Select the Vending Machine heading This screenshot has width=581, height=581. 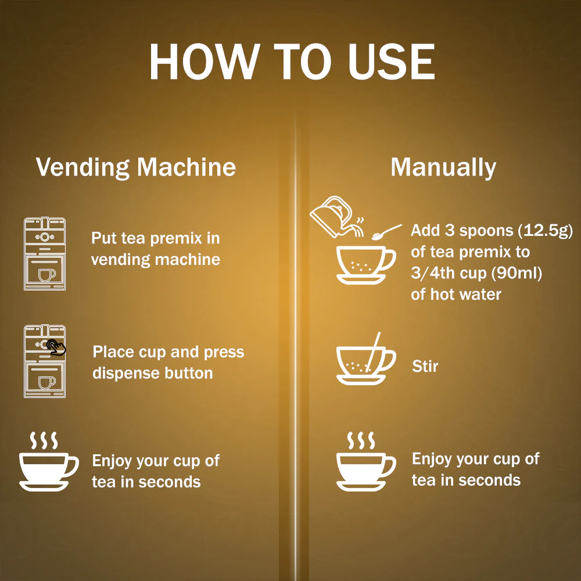coord(135,167)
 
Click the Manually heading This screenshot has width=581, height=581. coord(443,167)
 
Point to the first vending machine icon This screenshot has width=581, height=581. coord(45,253)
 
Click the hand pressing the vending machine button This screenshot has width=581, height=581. coord(56,347)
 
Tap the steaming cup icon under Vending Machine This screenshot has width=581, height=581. coord(49,461)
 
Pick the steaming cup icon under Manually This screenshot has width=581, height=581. coord(365,461)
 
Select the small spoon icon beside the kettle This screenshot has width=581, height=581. coord(386,232)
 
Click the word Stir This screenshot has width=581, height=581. coord(425,366)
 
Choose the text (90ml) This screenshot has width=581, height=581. coord(517,273)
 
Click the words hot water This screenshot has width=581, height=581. coord(466,295)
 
